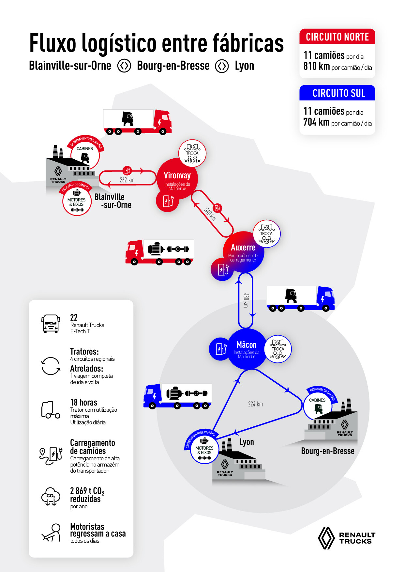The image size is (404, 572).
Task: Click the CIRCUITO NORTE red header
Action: (337, 37)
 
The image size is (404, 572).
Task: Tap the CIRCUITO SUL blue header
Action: (337, 93)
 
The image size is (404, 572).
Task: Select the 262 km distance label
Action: (127, 180)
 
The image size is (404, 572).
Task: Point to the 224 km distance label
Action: (255, 404)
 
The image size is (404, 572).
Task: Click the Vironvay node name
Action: (177, 175)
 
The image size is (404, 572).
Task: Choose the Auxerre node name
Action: (243, 247)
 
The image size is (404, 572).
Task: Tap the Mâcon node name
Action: (247, 345)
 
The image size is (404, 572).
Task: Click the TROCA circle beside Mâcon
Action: (278, 349)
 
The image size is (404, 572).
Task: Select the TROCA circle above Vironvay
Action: (192, 153)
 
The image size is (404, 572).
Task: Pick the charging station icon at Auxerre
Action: (223, 269)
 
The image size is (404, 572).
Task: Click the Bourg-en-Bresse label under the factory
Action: (327, 451)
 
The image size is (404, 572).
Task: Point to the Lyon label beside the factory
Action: (247, 442)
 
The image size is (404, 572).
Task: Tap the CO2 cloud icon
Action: (51, 496)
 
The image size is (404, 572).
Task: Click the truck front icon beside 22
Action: (51, 324)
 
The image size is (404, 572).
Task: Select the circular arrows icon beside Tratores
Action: (51, 366)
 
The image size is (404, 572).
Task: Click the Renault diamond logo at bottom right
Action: (326, 538)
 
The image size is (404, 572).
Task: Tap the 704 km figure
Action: (316, 122)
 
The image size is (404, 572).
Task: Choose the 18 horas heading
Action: (84, 402)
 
